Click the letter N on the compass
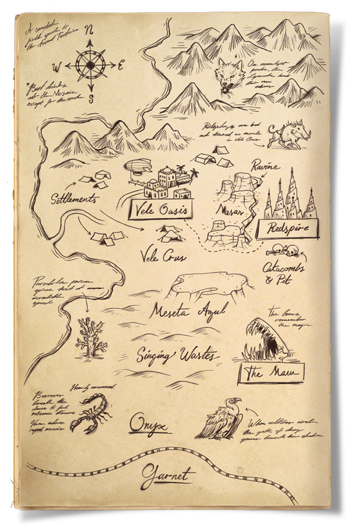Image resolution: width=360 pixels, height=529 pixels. (89, 30)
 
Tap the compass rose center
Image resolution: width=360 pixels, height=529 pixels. (89, 65)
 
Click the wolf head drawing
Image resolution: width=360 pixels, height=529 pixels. (229, 73)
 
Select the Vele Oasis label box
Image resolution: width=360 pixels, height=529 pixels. (160, 210)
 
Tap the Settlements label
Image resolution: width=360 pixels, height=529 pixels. (75, 200)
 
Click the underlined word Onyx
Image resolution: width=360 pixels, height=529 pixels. (149, 424)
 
